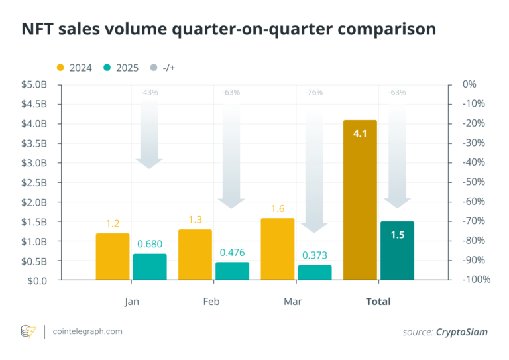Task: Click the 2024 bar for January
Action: [x=113, y=257]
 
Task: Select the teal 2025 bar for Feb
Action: [x=232, y=271]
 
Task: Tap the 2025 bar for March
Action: [x=315, y=272]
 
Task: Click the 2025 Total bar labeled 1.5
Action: [x=397, y=251]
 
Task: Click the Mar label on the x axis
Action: [x=292, y=301]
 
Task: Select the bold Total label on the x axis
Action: [x=378, y=301]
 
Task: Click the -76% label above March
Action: [x=314, y=93]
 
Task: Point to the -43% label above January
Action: [x=149, y=93]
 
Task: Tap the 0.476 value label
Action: [x=232, y=253]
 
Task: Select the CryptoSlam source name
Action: [x=461, y=331]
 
